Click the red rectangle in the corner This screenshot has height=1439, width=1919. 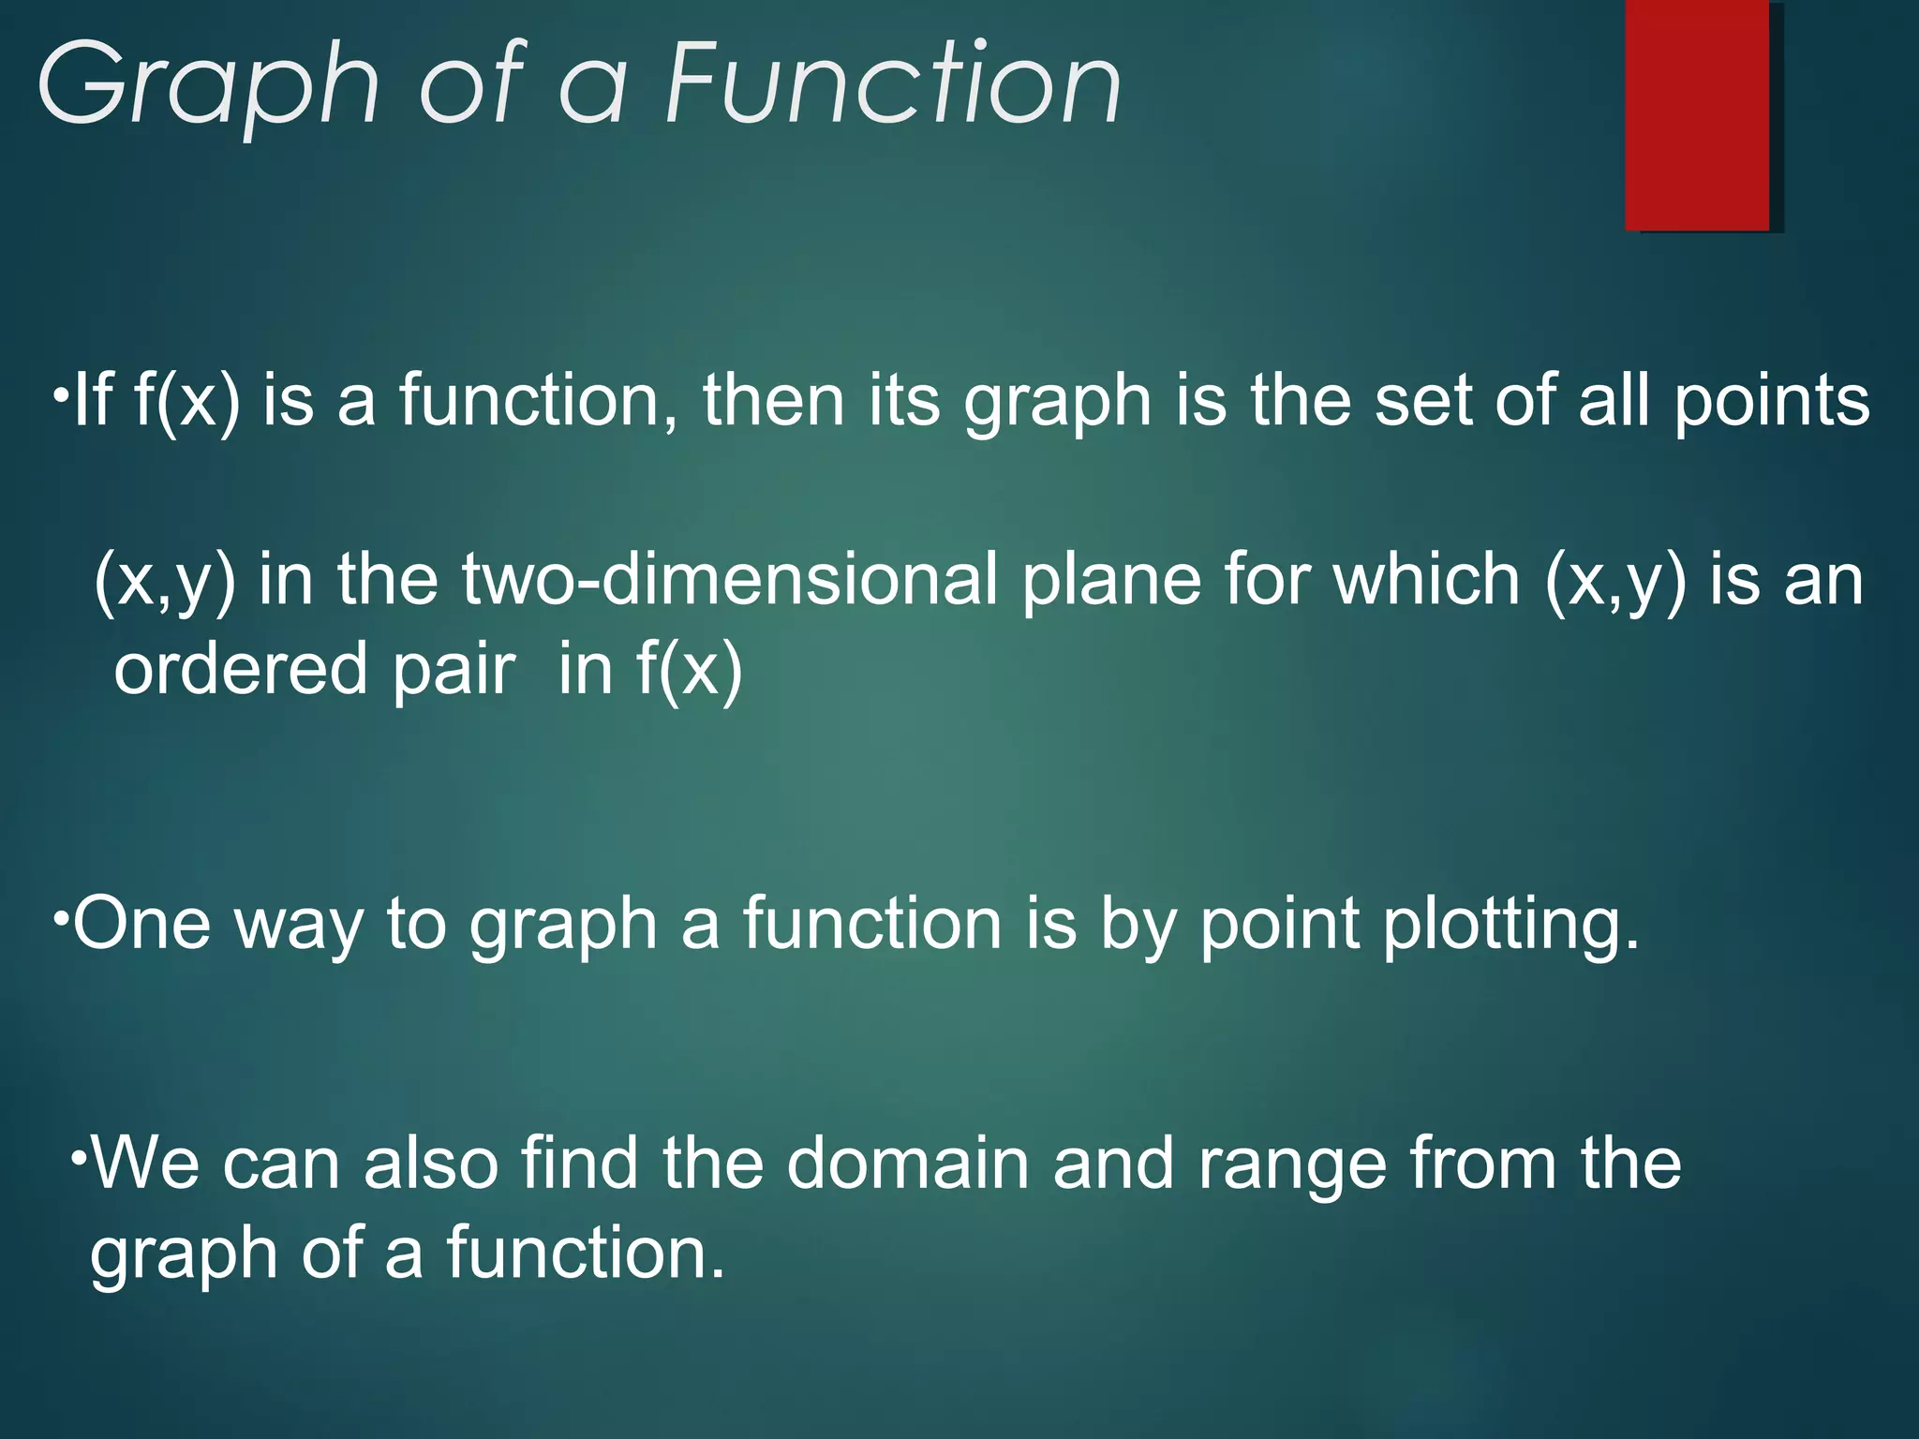coord(1696,114)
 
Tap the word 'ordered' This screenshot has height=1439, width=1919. coord(240,669)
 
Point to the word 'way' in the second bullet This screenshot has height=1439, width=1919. coord(298,927)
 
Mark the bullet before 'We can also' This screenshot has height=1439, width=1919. coord(80,1154)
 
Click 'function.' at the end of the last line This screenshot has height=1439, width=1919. coord(585,1254)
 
